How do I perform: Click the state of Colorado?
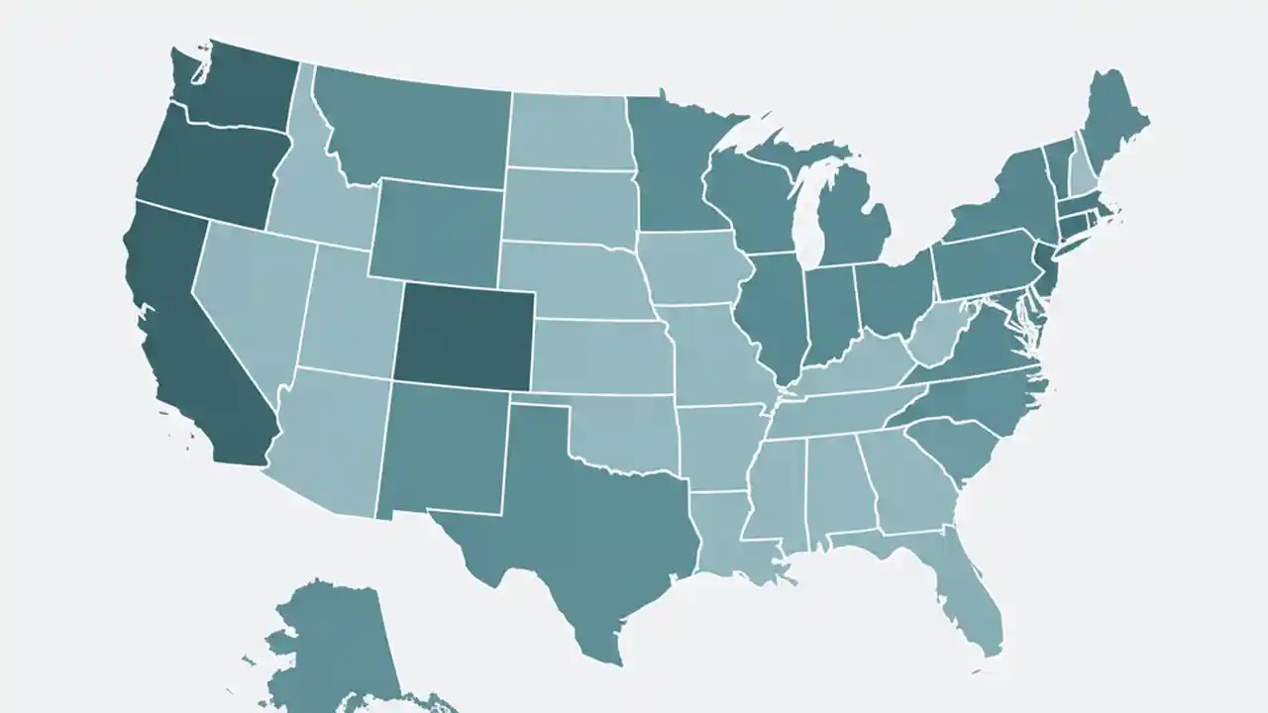464,333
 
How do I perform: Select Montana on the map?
416,129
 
